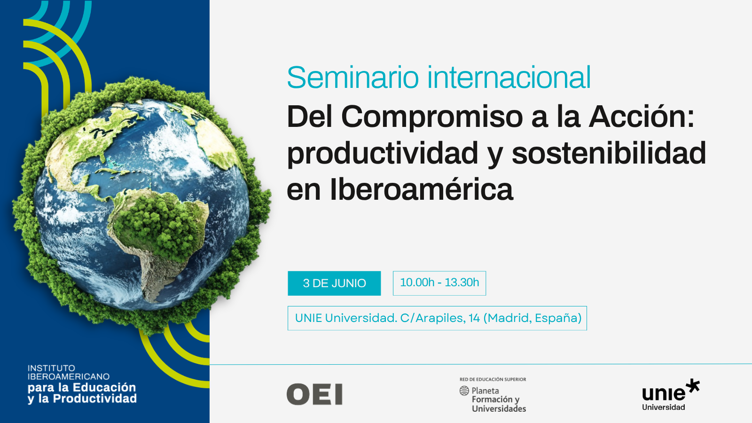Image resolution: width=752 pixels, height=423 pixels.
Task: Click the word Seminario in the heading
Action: pos(353,78)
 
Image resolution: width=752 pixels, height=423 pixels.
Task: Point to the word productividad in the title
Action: pos(383,154)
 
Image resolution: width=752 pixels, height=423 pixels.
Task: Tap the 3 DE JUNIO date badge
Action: pos(334,283)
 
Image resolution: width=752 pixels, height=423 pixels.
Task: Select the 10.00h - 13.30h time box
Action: pos(439,283)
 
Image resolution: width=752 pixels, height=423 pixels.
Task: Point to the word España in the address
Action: pos(558,318)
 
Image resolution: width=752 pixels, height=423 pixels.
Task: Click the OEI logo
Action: pos(314,394)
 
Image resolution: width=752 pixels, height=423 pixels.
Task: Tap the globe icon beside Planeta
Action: pos(464,391)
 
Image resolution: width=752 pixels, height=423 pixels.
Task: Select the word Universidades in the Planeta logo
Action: pos(499,408)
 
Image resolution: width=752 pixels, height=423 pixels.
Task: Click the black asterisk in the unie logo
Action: pos(692,386)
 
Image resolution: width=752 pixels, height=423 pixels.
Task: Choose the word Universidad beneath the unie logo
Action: pos(663,407)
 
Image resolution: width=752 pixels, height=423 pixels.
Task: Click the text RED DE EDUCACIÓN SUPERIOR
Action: pos(493,379)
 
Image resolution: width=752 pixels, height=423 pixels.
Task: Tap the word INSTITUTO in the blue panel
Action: pos(51,368)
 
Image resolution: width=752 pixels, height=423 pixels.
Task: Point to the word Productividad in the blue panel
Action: pos(95,399)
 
